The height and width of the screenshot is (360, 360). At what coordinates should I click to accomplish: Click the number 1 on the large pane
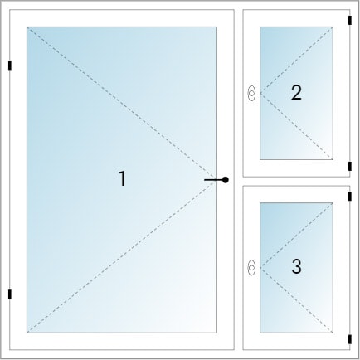point(122,178)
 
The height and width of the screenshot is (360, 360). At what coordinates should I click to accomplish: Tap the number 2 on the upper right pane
point(296,92)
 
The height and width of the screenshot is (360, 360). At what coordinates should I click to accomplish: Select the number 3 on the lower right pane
point(296,266)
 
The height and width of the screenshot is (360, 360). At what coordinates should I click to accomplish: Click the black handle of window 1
point(216,180)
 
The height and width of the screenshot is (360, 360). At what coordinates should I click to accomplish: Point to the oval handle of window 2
point(251,94)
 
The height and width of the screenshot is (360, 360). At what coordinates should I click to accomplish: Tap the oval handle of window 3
point(251,268)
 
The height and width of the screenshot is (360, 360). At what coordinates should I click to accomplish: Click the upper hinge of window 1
point(10,66)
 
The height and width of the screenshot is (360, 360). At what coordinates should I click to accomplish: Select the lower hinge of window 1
point(10,294)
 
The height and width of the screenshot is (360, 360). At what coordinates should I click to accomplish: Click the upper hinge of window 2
point(350,21)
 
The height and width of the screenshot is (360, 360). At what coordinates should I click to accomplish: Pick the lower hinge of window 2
point(350,166)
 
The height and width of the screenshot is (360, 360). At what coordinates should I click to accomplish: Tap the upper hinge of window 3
point(350,196)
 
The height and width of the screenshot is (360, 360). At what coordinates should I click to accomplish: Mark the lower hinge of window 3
point(350,339)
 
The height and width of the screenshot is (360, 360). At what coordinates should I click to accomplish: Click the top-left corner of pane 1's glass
point(27,27)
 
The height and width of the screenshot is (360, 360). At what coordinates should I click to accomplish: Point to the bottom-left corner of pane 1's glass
point(27,333)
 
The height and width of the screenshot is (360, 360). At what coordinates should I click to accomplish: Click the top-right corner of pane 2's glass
point(333,27)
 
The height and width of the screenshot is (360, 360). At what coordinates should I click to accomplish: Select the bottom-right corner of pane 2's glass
point(333,159)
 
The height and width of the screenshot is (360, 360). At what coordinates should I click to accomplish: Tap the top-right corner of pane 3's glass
point(333,203)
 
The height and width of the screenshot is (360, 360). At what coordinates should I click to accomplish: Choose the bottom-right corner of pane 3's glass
point(333,333)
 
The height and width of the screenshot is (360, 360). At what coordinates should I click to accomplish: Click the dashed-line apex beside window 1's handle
point(216,180)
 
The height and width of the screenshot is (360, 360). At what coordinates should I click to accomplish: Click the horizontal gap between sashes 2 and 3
point(296,182)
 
